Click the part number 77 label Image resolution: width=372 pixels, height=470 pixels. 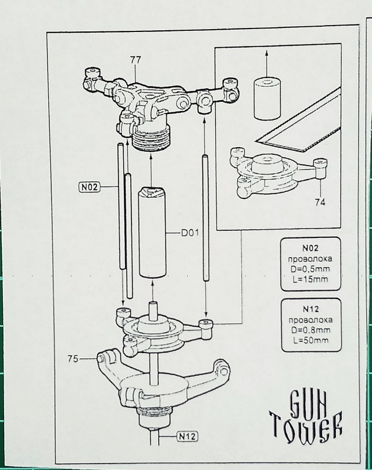135,60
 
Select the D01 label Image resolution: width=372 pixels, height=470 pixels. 190,233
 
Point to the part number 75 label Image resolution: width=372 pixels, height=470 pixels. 73,358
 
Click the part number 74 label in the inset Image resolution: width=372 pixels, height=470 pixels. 320,202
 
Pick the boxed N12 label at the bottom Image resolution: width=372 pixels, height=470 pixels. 188,436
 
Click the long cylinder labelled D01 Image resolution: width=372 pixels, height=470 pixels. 152,232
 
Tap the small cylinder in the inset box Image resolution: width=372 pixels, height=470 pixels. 267,98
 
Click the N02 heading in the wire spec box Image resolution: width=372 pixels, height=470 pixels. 310,248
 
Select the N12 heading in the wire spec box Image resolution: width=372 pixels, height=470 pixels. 310,309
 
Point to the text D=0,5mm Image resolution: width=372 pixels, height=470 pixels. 310,269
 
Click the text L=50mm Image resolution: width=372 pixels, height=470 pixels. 311,340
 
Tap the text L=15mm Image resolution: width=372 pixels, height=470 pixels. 310,279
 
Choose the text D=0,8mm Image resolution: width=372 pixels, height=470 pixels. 310,330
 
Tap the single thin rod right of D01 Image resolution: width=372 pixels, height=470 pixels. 206,218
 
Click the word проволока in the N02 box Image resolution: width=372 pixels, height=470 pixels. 310,259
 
